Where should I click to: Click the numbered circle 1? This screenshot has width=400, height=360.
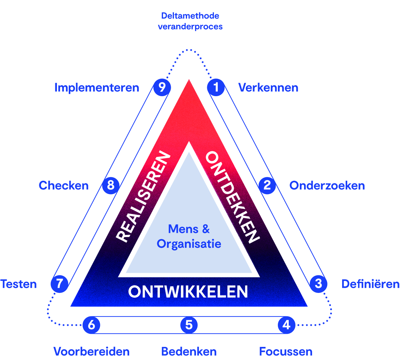tap(216, 87)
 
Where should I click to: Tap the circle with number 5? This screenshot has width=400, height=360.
tap(189, 325)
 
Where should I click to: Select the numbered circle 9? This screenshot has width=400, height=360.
tap(162, 87)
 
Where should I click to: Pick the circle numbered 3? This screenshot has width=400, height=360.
tap(318, 284)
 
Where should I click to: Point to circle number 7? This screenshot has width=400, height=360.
tap(59, 284)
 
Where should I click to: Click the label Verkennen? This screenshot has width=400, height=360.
tap(268, 88)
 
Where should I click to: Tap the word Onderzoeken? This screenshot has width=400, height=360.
tap(327, 186)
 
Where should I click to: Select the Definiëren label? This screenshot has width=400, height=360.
tap(371, 284)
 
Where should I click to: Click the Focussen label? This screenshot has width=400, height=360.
tap(286, 351)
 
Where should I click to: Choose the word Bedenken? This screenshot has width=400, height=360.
tap(189, 351)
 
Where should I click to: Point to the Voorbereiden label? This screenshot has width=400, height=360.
tap(91, 351)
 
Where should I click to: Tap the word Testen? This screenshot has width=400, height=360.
tap(19, 284)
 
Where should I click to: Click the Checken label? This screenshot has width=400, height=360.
tap(64, 186)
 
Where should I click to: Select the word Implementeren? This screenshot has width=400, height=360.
tap(97, 88)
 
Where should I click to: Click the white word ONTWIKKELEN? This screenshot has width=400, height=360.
tap(188, 291)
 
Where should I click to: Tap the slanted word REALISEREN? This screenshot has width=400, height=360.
tap(143, 196)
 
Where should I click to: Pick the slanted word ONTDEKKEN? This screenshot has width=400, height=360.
tap(233, 197)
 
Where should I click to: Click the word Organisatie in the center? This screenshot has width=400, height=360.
tap(189, 244)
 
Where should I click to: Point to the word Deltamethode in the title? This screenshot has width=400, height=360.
tap(190, 16)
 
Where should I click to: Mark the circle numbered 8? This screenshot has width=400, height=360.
tap(111, 186)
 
